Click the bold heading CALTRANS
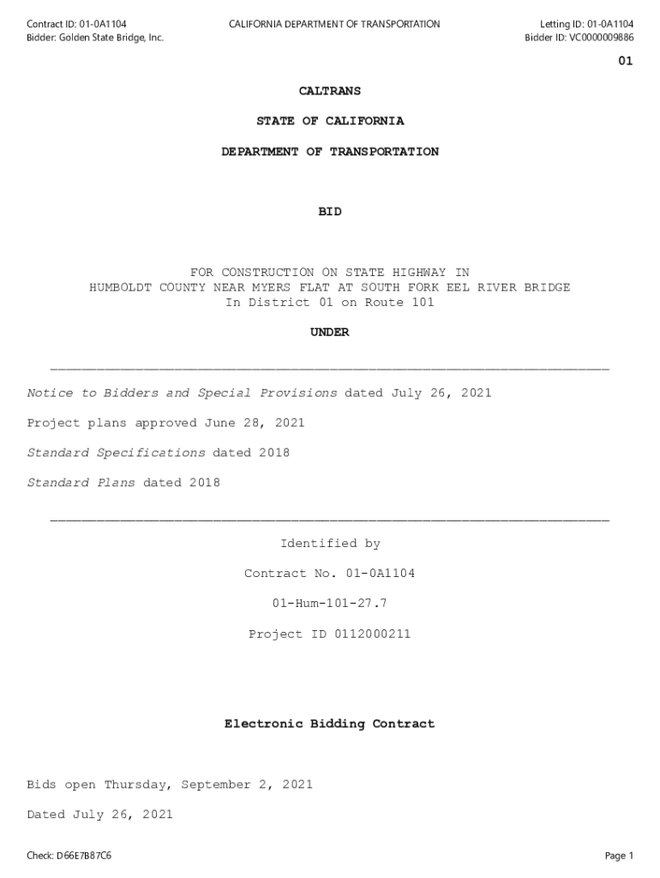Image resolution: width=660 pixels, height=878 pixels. pyautogui.click(x=329, y=91)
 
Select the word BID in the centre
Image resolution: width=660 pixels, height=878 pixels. pyautogui.click(x=329, y=212)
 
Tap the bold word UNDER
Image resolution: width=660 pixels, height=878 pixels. pyautogui.click(x=329, y=333)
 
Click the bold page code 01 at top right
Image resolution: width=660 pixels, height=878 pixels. pyautogui.click(x=625, y=62)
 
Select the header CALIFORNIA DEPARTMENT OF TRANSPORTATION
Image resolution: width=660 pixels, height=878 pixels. pyautogui.click(x=334, y=24)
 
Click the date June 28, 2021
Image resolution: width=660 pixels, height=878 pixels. pyautogui.click(x=254, y=423)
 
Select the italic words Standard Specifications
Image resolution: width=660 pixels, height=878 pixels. pyautogui.click(x=116, y=453)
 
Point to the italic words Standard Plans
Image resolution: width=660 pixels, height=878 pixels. pyautogui.click(x=81, y=483)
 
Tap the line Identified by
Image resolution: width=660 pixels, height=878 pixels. pyautogui.click(x=330, y=544)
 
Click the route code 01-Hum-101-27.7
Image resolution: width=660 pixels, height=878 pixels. pyautogui.click(x=329, y=604)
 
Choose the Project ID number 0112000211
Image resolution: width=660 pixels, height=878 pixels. pyautogui.click(x=372, y=634)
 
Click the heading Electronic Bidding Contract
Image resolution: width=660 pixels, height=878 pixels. pyautogui.click(x=329, y=725)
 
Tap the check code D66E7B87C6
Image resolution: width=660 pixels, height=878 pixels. pyautogui.click(x=83, y=856)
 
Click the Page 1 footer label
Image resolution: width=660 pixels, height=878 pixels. pyautogui.click(x=618, y=856)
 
